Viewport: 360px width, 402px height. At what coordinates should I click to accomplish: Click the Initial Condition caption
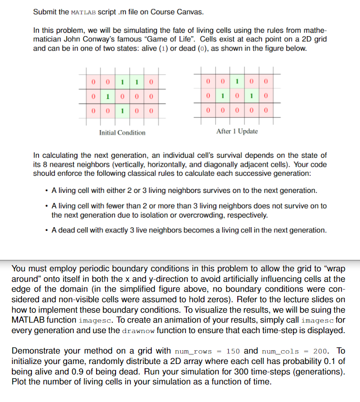(x=122, y=133)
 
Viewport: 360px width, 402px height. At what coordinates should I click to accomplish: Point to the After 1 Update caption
(x=237, y=131)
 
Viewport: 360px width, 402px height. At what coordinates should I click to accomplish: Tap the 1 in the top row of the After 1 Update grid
(x=237, y=81)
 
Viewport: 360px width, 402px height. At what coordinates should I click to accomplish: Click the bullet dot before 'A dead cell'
(x=46, y=230)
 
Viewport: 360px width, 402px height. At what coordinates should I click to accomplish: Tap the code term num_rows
(x=193, y=351)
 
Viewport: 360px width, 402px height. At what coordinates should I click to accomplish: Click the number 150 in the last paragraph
(x=233, y=351)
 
